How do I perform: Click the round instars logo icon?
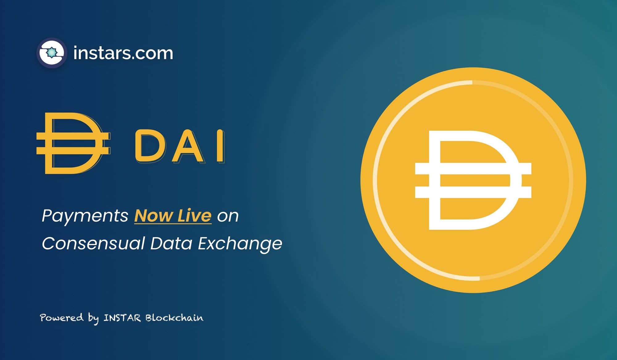[52, 53]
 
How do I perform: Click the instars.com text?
[123, 53]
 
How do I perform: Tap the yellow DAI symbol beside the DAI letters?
[73, 143]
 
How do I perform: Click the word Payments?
[85, 216]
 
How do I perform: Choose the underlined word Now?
[153, 216]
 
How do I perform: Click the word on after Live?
[228, 216]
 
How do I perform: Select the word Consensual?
[93, 243]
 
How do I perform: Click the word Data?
[171, 243]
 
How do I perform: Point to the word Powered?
[62, 317]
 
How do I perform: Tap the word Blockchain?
[174, 317]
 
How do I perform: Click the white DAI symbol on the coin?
[473, 180]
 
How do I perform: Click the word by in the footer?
[93, 318]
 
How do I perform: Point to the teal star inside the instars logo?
[52, 53]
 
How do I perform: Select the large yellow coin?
[473, 180]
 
